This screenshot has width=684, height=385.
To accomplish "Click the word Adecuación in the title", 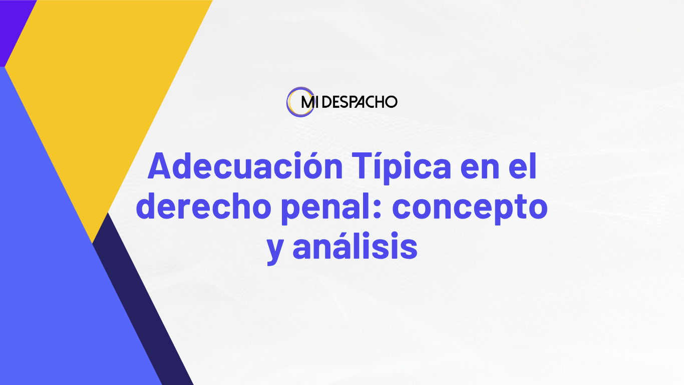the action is pos(245,166).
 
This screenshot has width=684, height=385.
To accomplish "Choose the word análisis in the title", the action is pos(355,246).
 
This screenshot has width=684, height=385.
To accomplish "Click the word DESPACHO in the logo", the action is pos(360,102).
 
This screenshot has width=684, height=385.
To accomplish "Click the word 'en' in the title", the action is pos(480,169).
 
